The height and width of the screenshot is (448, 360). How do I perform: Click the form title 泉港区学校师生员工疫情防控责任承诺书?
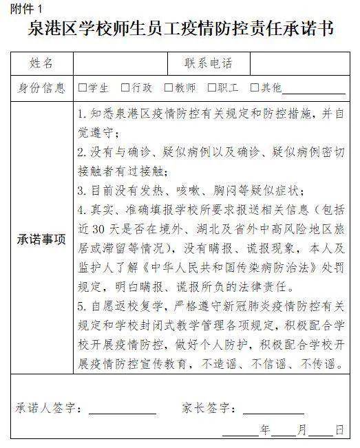pyautogui.click(x=180, y=30)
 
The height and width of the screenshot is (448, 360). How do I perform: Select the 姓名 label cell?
pyautogui.click(x=41, y=64)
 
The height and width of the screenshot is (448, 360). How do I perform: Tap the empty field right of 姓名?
pyautogui.click(x=120, y=64)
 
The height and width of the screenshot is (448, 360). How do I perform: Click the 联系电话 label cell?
pyautogui.click(x=209, y=64)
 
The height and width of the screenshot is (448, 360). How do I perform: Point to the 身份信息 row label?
pyautogui.click(x=41, y=88)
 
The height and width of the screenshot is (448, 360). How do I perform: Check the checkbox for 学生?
pyautogui.click(x=83, y=88)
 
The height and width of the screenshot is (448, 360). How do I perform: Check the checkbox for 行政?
pyautogui.click(x=125, y=88)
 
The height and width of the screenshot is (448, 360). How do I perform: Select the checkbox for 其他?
pyautogui.click(x=255, y=88)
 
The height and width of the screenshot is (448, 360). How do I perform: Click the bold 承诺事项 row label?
pyautogui.click(x=41, y=240)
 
